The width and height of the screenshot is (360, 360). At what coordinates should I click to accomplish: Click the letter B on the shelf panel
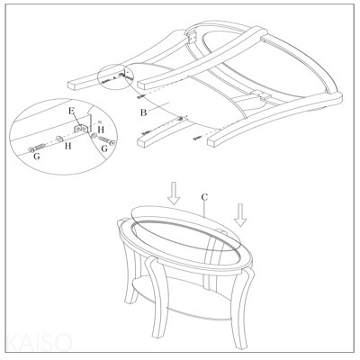pyautogui.click(x=143, y=112)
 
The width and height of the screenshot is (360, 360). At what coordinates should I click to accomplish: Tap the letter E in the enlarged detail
pyautogui.click(x=71, y=111)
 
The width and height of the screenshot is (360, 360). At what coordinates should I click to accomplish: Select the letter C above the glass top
pyautogui.click(x=204, y=197)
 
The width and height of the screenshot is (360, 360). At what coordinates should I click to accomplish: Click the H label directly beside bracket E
pyautogui.click(x=101, y=130)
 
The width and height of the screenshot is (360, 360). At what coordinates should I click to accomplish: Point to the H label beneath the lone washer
pyautogui.click(x=68, y=146)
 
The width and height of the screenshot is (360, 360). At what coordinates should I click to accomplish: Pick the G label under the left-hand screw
pyautogui.click(x=37, y=156)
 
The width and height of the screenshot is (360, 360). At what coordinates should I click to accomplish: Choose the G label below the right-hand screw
pyautogui.click(x=104, y=148)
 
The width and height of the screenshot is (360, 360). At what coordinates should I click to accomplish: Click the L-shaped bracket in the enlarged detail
pyautogui.click(x=82, y=127)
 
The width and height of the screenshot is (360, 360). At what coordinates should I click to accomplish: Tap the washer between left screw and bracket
pyautogui.click(x=59, y=139)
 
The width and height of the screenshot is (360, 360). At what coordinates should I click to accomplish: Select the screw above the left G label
pyautogui.click(x=37, y=148)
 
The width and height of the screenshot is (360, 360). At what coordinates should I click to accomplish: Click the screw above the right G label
pyautogui.click(x=106, y=140)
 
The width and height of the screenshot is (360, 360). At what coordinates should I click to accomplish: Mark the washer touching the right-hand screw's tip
pyautogui.click(x=94, y=136)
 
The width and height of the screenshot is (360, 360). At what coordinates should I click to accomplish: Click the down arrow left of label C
pyautogui.click(x=174, y=193)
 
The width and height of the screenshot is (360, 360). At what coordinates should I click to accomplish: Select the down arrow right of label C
pyautogui.click(x=240, y=214)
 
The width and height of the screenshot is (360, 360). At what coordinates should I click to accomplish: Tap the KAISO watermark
pyautogui.click(x=39, y=342)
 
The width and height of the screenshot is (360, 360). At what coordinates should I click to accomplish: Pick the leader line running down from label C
pyautogui.click(x=204, y=209)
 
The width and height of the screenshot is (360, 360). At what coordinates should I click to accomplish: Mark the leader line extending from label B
pyautogui.click(x=159, y=107)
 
